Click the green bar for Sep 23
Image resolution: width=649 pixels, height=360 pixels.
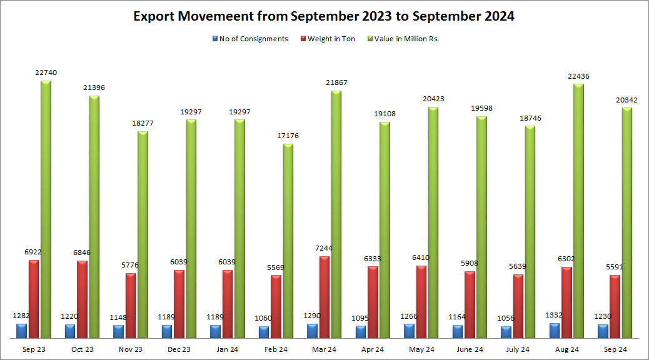[46, 209]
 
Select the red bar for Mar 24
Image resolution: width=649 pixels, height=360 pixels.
[324, 297]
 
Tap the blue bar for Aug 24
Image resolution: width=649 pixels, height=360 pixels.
[555, 331]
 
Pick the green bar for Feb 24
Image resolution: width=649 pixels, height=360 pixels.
[288, 241]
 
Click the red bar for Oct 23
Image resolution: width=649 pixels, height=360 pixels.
[83, 299]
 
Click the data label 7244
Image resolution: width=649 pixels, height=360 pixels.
[324, 248]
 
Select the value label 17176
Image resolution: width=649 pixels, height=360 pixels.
[288, 136]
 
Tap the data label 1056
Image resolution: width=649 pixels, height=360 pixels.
[506, 317]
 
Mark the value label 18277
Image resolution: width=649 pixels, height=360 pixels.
[143, 123]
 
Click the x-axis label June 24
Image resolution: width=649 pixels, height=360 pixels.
[470, 349]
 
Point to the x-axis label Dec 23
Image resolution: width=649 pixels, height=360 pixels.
[179, 349]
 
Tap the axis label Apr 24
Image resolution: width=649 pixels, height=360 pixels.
[373, 349]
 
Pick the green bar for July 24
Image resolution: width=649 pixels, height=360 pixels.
[530, 232]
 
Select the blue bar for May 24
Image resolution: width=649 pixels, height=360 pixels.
[409, 331]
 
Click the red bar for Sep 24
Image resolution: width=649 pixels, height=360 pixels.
[615, 306]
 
